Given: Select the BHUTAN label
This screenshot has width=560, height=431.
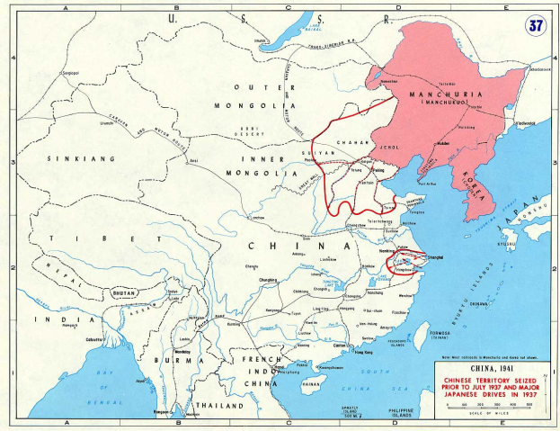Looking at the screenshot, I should click(x=124, y=292).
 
